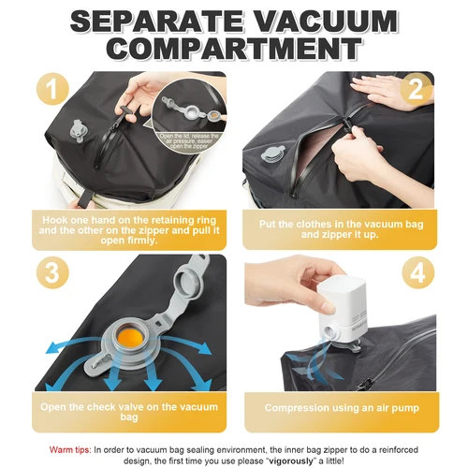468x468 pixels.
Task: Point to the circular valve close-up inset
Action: pos(190,110)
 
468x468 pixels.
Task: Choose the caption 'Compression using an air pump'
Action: pos(348,408)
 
